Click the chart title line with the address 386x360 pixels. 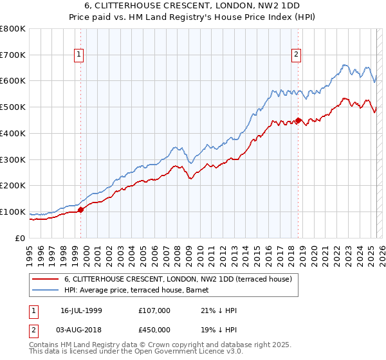coord(192,6)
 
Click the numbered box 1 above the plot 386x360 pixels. coord(78,55)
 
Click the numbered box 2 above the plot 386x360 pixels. coord(297,55)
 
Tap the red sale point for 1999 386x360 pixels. coord(80,210)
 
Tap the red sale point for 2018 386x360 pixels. coord(299,120)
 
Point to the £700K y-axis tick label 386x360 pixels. coord(13,55)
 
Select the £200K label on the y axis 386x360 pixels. coord(13,186)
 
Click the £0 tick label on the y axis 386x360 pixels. coord(21,238)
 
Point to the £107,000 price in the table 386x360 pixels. coord(154,310)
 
